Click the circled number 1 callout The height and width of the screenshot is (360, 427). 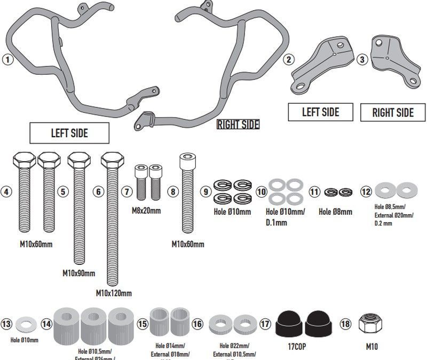pos(7,60)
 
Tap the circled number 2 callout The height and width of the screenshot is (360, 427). pos(289,60)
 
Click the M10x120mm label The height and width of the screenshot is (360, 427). pos(114,293)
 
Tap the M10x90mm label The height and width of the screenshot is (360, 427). pos(79,273)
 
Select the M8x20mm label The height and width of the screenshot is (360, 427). pos(146,210)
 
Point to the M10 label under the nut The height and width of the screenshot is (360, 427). pos(372,346)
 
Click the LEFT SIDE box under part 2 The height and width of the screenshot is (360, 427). pos(320,112)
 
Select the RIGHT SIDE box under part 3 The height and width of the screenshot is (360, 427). pos(393,113)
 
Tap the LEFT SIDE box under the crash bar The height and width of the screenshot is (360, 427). pos(69,133)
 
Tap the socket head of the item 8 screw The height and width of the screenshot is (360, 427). pos(186,159)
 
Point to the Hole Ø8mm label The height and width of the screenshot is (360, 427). pos(335,212)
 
